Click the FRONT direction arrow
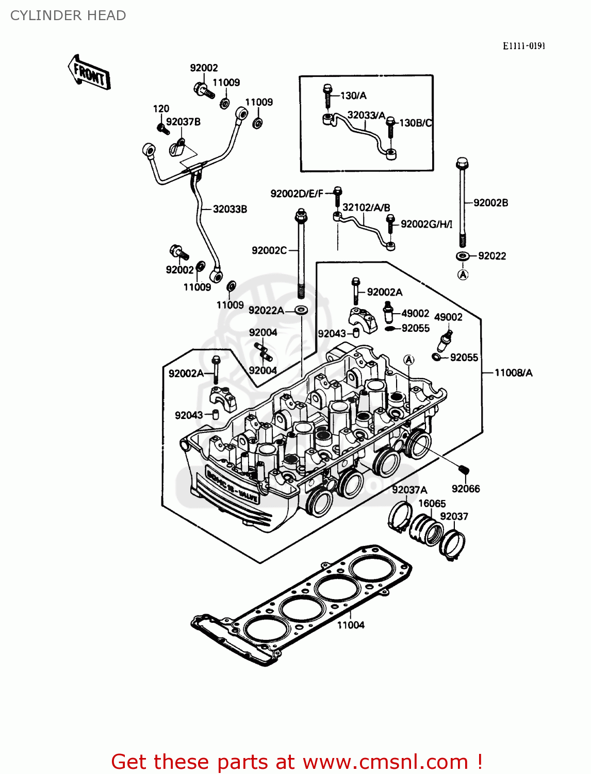click(89, 73)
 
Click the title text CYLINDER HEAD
click(68, 15)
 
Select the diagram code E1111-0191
click(524, 46)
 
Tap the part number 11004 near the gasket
click(351, 625)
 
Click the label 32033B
click(230, 209)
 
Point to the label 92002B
click(490, 203)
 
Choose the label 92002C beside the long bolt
click(269, 250)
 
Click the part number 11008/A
click(513, 373)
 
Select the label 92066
click(466, 489)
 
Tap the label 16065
click(432, 503)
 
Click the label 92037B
click(183, 122)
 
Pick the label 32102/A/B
click(366, 207)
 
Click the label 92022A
click(266, 310)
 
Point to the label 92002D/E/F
click(297, 193)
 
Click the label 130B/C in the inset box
click(416, 123)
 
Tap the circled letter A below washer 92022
click(463, 275)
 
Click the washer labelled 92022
click(463, 256)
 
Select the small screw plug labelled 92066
click(463, 470)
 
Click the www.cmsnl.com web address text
click(385, 762)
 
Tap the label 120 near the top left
click(161, 108)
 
